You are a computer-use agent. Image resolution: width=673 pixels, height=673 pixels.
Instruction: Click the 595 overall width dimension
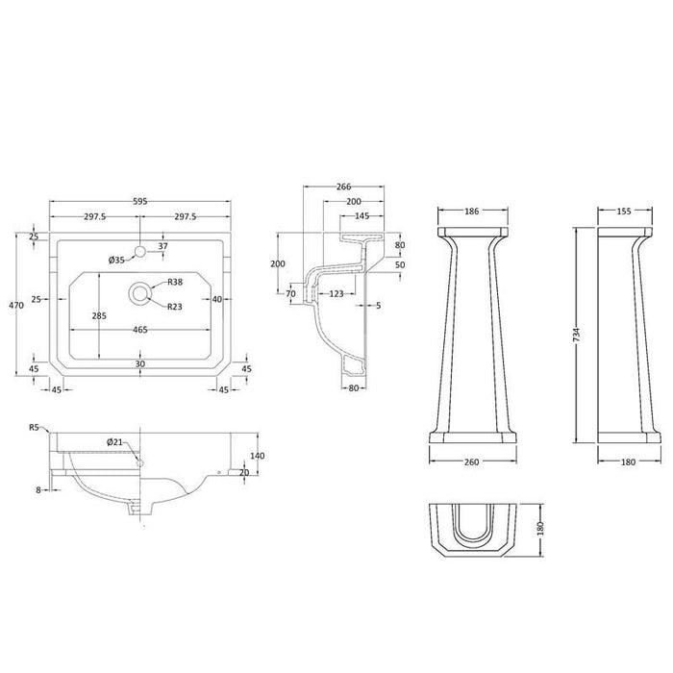141,202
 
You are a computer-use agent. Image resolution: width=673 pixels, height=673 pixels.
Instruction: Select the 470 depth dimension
15,305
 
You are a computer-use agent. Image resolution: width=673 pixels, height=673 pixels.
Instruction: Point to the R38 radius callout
175,283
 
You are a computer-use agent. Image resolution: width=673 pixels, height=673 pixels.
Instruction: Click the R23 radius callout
175,307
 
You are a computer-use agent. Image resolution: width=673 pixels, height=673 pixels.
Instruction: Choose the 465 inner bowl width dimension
140,330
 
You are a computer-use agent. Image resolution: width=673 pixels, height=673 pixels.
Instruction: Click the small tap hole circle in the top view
140,252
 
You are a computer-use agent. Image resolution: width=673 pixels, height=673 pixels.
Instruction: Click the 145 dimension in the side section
362,216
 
